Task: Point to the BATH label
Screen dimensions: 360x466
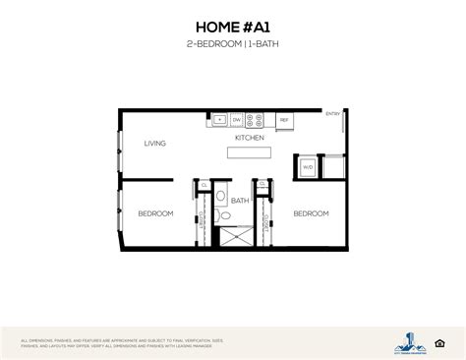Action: [x=240, y=201]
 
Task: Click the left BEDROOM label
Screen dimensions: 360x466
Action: [x=155, y=213]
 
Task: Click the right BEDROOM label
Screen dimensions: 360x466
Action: [x=310, y=212]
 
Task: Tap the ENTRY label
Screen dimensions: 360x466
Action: [x=332, y=113]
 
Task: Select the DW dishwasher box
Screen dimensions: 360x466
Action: [x=237, y=120]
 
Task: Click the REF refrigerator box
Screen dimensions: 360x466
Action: [x=284, y=120]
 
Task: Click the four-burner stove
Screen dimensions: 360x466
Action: [x=255, y=120]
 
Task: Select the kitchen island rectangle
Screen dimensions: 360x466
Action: [x=250, y=153]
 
